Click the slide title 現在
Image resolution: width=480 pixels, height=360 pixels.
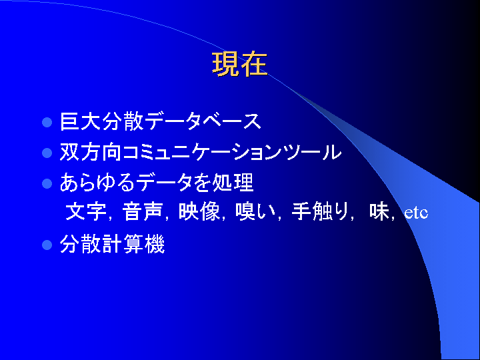(x=240, y=64)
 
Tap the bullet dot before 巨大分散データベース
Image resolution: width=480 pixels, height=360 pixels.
(x=47, y=122)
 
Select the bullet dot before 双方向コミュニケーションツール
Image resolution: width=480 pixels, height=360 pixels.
(x=47, y=153)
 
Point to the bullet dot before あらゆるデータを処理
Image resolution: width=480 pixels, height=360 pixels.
(x=47, y=183)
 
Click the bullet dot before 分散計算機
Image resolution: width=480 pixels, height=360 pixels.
(x=47, y=245)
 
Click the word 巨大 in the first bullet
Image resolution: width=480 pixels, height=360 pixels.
(x=81, y=121)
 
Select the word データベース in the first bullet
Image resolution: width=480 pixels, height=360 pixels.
(x=203, y=121)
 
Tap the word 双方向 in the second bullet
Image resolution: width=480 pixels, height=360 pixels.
(x=91, y=152)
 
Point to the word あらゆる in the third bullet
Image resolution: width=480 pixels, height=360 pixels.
(x=97, y=183)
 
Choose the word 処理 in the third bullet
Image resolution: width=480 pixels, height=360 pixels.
(x=233, y=183)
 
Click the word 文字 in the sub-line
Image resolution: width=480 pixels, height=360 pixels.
(x=86, y=211)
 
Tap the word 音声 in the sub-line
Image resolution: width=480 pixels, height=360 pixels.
(x=143, y=211)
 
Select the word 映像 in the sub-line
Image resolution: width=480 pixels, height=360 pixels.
(x=199, y=211)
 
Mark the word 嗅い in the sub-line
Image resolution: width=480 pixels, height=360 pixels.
(x=255, y=211)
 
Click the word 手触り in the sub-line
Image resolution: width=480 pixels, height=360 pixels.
(x=320, y=211)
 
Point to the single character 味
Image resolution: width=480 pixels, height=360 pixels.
(x=379, y=211)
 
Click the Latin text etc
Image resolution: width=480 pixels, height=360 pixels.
(x=416, y=213)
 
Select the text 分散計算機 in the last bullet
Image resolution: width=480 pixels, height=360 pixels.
(x=113, y=244)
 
